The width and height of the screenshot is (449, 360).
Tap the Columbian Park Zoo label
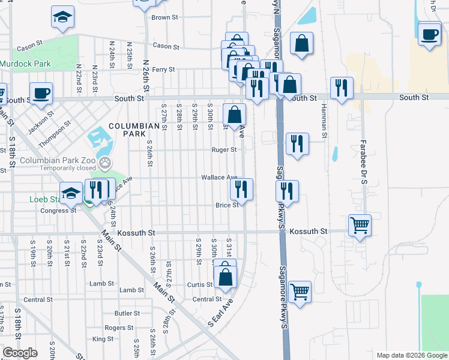58,161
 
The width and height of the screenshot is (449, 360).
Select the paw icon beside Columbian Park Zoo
106,161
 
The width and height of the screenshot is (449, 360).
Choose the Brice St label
227,205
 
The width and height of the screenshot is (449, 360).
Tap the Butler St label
127,313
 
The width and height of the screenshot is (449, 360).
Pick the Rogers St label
119,328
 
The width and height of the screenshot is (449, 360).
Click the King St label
103,339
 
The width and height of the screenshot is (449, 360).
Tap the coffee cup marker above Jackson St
41,94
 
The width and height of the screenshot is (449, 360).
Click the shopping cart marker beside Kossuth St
360,225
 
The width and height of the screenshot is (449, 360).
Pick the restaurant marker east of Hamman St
342,88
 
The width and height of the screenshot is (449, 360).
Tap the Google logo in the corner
20,353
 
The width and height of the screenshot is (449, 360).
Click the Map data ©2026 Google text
411,355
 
